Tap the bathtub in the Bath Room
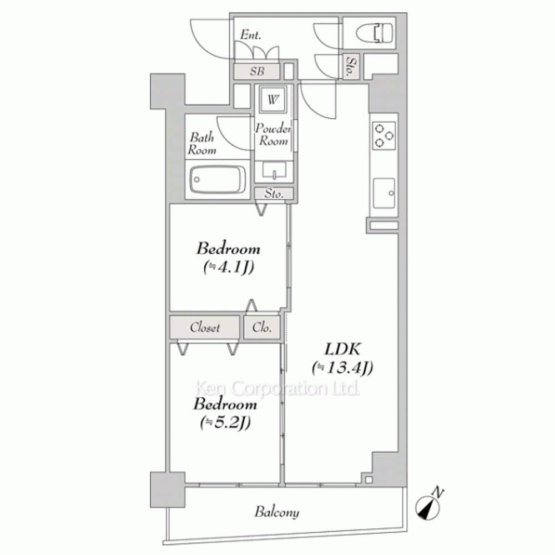point(218,179)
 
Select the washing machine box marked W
point(273,99)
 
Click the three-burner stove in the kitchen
point(384,135)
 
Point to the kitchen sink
point(384,193)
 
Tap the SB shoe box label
point(257,71)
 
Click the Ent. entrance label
point(251,34)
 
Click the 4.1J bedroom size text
point(229,268)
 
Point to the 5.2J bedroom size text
point(225,422)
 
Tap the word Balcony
point(277,512)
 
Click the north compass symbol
point(429,504)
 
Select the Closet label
point(205,327)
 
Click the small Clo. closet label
point(262,327)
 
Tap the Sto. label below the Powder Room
point(274,194)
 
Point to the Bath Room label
point(202,143)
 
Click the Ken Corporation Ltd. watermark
point(277,388)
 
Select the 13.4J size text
point(342,368)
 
